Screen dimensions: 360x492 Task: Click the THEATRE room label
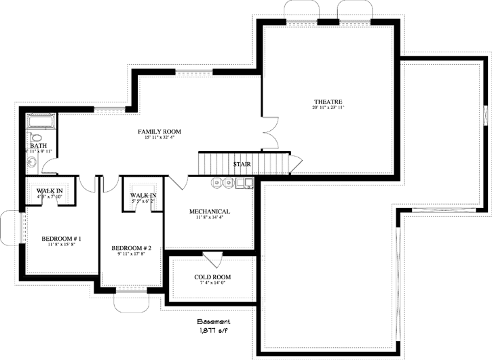[x=328, y=102]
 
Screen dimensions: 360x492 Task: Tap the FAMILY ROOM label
[x=159, y=131]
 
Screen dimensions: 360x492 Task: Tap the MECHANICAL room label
[x=209, y=212]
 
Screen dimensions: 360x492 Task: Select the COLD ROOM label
[x=212, y=277]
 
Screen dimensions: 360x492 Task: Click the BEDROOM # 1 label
[x=61, y=239]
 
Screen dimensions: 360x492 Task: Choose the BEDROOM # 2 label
[x=131, y=249]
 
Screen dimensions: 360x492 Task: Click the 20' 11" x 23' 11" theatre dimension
[x=328, y=108]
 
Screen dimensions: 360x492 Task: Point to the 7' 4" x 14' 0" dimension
[x=212, y=283]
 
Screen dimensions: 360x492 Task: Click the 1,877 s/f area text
[x=214, y=332]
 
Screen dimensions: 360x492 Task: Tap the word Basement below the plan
[x=214, y=322]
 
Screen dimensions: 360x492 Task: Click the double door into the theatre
[x=271, y=133]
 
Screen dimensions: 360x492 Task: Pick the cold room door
[x=212, y=258]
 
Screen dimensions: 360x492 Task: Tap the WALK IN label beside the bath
[x=50, y=191]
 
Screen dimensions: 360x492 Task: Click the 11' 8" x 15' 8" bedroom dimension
[x=61, y=245]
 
